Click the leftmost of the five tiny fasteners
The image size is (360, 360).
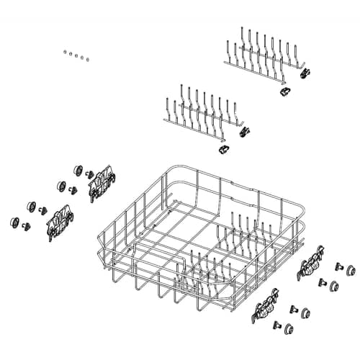point(64,52)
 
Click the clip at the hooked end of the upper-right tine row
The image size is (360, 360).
point(305,73)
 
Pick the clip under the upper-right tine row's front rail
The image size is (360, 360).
point(284,91)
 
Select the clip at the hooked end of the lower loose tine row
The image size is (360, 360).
point(244,132)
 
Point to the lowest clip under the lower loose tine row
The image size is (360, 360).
point(222,149)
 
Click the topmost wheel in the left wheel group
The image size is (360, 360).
point(77,170)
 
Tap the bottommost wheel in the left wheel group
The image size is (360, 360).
point(14,223)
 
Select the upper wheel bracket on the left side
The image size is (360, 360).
point(102,185)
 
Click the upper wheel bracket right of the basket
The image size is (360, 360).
point(311,264)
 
